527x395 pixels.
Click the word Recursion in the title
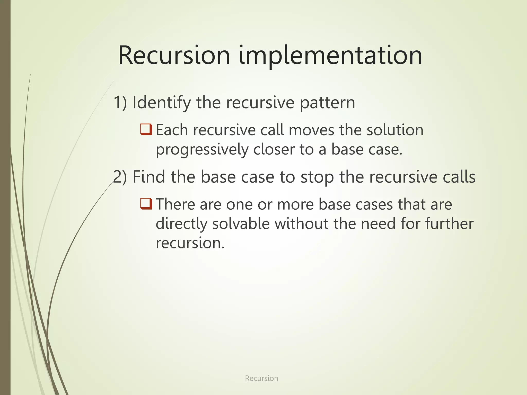(174, 56)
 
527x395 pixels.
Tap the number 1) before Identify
(120, 102)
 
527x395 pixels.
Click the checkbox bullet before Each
(146, 129)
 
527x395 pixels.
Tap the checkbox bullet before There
(146, 204)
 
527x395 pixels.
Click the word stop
(317, 177)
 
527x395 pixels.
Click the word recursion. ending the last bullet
(190, 243)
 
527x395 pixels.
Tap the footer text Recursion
(261, 378)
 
